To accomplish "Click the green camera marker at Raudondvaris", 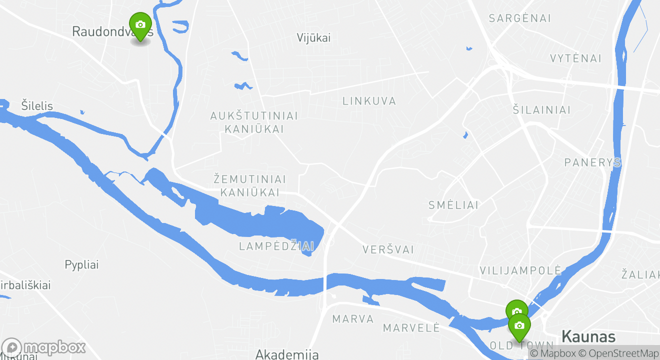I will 140,25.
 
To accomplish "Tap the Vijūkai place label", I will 313,38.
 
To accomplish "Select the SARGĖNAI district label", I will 519,18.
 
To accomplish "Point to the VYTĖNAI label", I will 575,58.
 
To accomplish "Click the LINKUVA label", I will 369,101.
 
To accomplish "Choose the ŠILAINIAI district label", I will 541,110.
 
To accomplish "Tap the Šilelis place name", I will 37,105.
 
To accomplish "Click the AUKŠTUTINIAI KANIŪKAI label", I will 254,122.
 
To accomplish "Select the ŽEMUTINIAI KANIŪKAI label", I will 249,185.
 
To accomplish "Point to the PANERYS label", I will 592,162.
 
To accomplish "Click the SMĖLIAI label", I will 453,205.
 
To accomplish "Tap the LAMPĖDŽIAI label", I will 276,246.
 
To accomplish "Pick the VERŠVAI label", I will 388,249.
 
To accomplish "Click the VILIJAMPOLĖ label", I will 520,270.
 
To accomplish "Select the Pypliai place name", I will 81,264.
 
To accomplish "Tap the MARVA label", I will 353,319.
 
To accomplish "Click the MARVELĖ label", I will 411,328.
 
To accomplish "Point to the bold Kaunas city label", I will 588,335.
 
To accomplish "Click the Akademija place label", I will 287,354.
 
